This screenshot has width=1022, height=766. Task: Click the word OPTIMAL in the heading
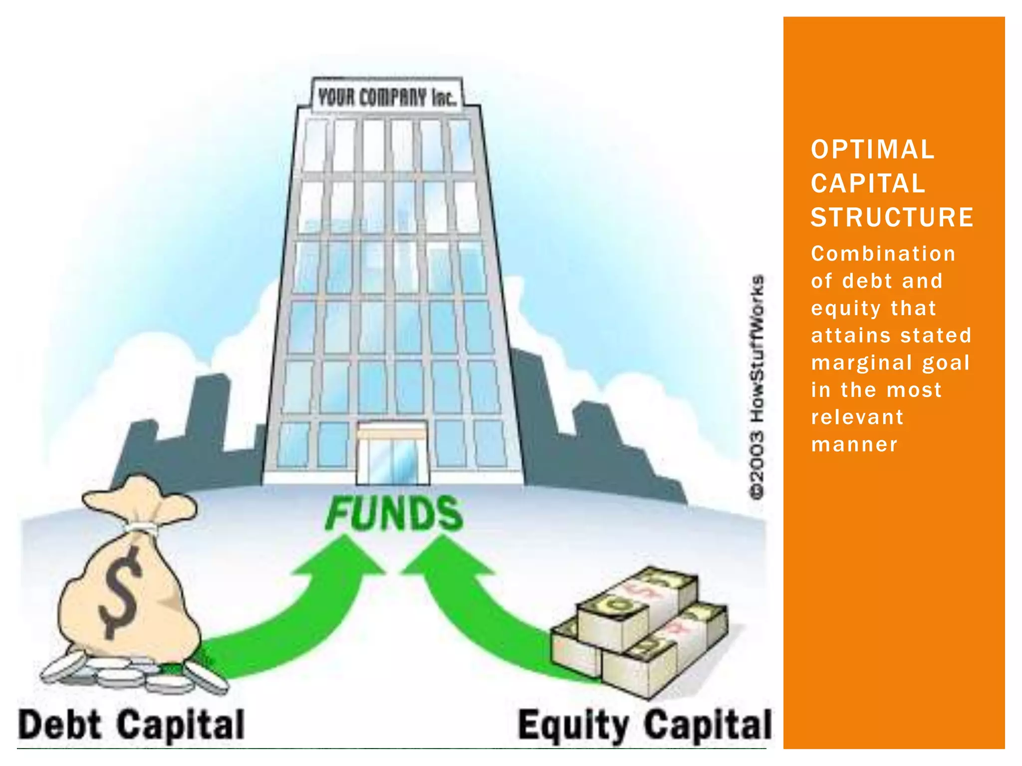[872, 150]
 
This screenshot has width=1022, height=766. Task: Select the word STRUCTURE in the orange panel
[892, 217]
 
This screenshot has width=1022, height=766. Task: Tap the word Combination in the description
[883, 254]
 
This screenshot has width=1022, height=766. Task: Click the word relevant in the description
[857, 417]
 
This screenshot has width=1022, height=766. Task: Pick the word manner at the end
[854, 444]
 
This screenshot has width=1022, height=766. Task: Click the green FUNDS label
[394, 514]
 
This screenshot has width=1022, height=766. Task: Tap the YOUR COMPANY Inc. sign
[387, 97]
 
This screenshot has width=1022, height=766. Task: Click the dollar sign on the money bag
[120, 591]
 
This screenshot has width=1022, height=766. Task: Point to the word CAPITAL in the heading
[868, 184]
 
